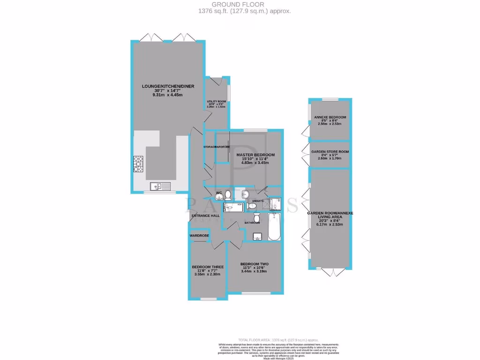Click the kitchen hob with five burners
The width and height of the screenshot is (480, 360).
pos(139,164)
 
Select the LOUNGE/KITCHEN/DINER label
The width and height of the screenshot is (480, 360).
pos(168,86)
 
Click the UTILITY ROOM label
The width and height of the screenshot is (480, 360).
pos(217,101)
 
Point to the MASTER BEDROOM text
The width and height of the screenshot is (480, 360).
pos(255,155)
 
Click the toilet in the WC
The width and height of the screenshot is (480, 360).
pos(228,195)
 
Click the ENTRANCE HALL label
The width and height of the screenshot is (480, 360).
pos(205,216)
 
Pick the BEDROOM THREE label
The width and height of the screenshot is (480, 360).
pos(207,267)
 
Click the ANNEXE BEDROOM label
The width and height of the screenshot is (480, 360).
pos(330,117)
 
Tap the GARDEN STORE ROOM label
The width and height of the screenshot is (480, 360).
pos(330,152)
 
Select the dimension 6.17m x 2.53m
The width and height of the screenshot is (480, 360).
pos(330,225)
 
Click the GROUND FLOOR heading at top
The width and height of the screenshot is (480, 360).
pos(240,4)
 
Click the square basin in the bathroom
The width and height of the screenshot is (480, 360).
pos(257,236)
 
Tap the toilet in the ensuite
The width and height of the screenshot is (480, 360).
pos(251,205)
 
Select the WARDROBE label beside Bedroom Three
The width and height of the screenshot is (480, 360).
pos(199,235)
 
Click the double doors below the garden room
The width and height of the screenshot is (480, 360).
pos(330,273)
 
